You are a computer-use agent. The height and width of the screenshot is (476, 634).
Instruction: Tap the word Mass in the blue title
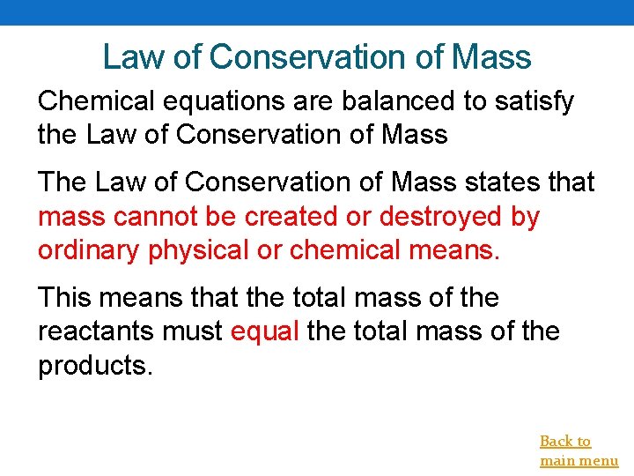click(491, 57)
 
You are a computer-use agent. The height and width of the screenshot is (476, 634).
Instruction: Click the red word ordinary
click(90, 250)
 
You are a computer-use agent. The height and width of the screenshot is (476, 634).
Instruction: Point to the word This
click(65, 298)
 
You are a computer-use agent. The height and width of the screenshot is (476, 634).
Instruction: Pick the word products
click(95, 365)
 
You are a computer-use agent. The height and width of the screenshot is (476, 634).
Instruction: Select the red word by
click(525, 217)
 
